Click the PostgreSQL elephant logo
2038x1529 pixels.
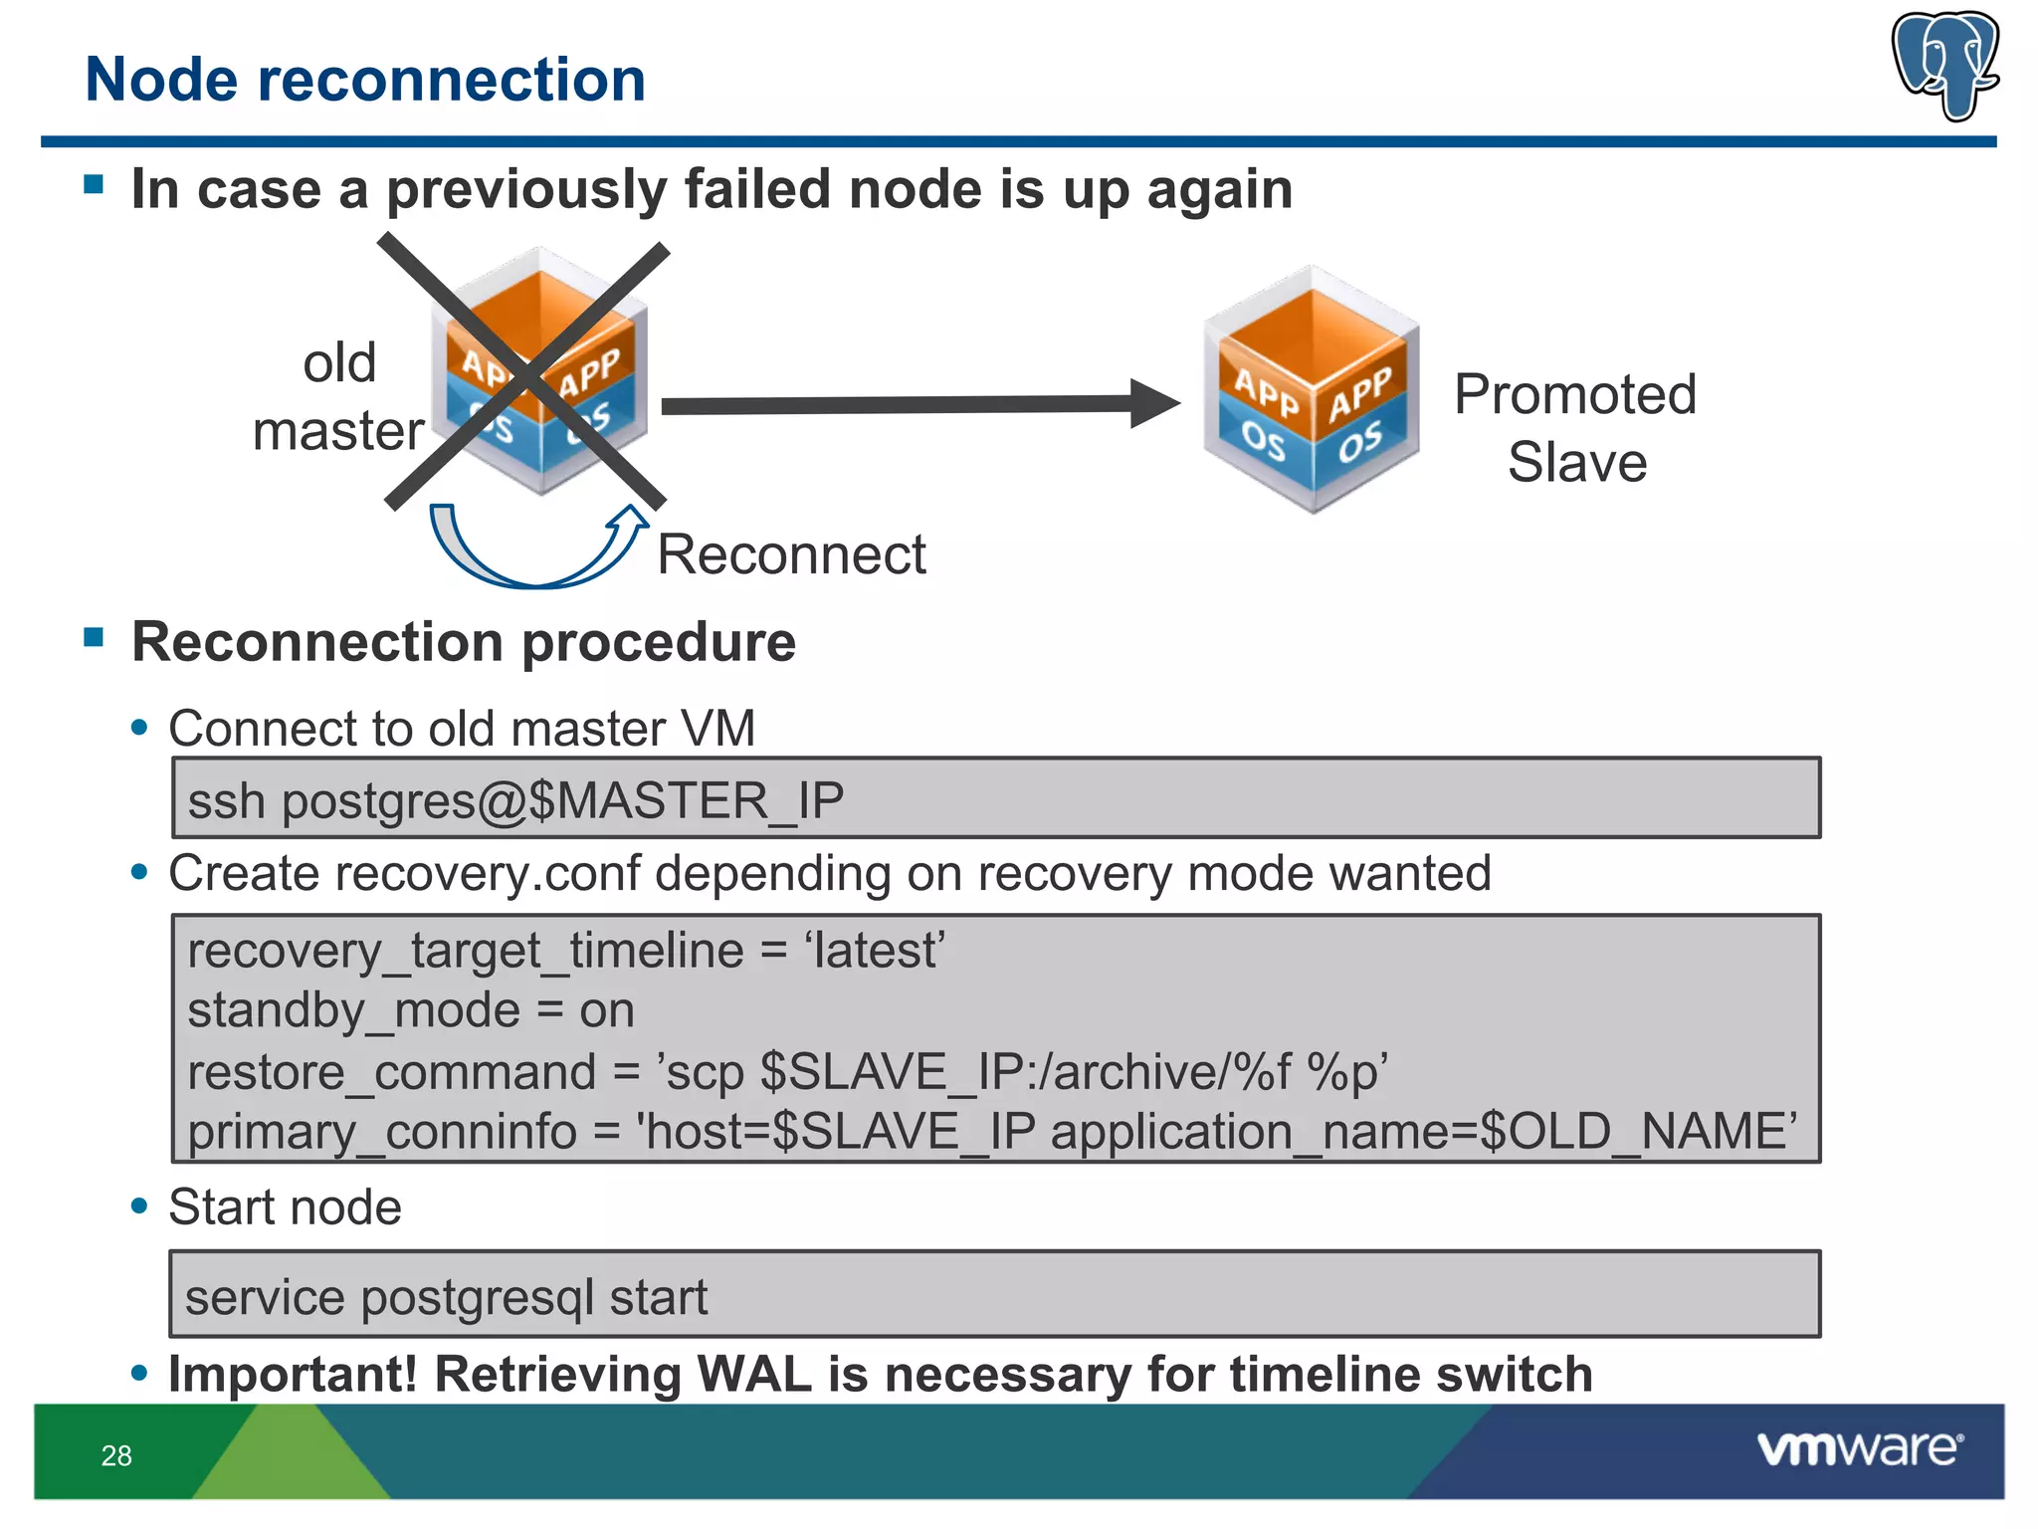(1945, 65)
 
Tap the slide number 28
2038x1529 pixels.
(116, 1455)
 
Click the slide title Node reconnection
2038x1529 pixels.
(365, 80)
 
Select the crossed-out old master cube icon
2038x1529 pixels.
(537, 373)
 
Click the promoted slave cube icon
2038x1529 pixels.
(1312, 390)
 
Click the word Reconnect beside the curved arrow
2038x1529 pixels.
(791, 554)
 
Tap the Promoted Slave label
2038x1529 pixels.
(1575, 428)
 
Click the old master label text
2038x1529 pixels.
(338, 396)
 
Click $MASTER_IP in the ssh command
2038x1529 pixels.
(687, 800)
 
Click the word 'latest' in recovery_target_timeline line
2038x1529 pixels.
(875, 950)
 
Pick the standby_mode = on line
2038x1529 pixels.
(410, 1010)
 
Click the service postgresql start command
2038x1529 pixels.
(446, 1297)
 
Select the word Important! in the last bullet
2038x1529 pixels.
(293, 1374)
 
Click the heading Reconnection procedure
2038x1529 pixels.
(464, 642)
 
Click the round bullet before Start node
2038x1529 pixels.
(139, 1206)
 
